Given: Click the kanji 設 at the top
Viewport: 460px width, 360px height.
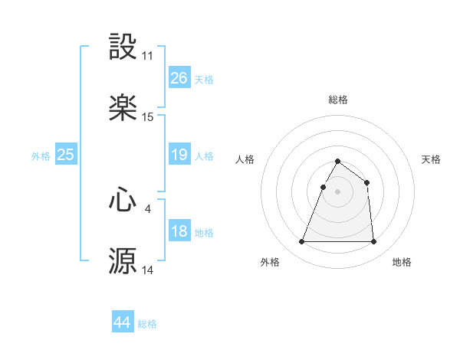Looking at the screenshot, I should tap(123, 47).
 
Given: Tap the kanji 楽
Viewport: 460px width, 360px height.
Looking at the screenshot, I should tap(123, 109).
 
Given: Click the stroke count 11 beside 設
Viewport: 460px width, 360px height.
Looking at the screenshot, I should tap(147, 56).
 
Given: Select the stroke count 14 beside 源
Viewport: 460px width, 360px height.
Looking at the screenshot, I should tap(147, 270).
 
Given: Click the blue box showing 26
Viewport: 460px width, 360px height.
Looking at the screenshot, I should tap(179, 78).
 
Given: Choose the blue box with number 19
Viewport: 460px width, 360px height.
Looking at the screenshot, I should tap(179, 155).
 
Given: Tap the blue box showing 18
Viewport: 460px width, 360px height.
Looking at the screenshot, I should tap(179, 231).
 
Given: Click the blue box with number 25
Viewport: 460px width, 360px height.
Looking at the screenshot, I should tap(65, 155).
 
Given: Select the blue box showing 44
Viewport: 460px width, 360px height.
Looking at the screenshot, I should tap(122, 323).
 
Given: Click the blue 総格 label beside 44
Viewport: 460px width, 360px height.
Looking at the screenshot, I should tap(147, 324).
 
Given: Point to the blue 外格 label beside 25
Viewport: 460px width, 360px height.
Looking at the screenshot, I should tap(41, 155).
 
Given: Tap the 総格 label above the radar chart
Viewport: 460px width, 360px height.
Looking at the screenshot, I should tap(337, 100).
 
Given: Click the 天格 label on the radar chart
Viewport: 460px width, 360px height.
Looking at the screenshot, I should tap(431, 159).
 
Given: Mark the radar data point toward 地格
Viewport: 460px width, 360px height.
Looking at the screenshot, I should tap(373, 242).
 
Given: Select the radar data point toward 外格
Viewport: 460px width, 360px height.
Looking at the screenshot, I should tap(302, 242).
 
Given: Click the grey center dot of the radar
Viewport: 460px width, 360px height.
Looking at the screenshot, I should tap(337, 191).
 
